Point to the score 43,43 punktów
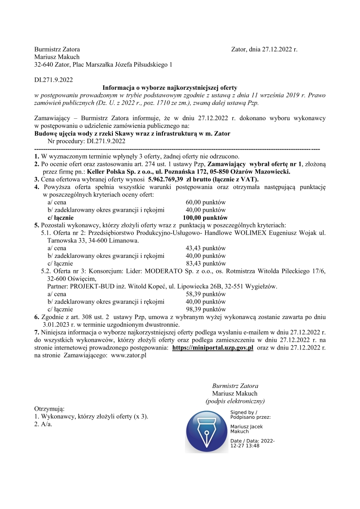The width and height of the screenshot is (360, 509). pyautogui.click(x=206, y=248)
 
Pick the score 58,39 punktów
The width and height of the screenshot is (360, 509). pyautogui.click(x=206, y=294)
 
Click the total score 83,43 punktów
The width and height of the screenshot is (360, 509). pyautogui.click(x=206, y=263)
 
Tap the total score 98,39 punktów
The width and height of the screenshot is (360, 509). pyautogui.click(x=206, y=309)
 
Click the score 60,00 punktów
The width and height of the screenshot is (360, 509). pyautogui.click(x=206, y=202)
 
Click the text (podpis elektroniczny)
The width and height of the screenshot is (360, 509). pyautogui.click(x=235, y=401)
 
